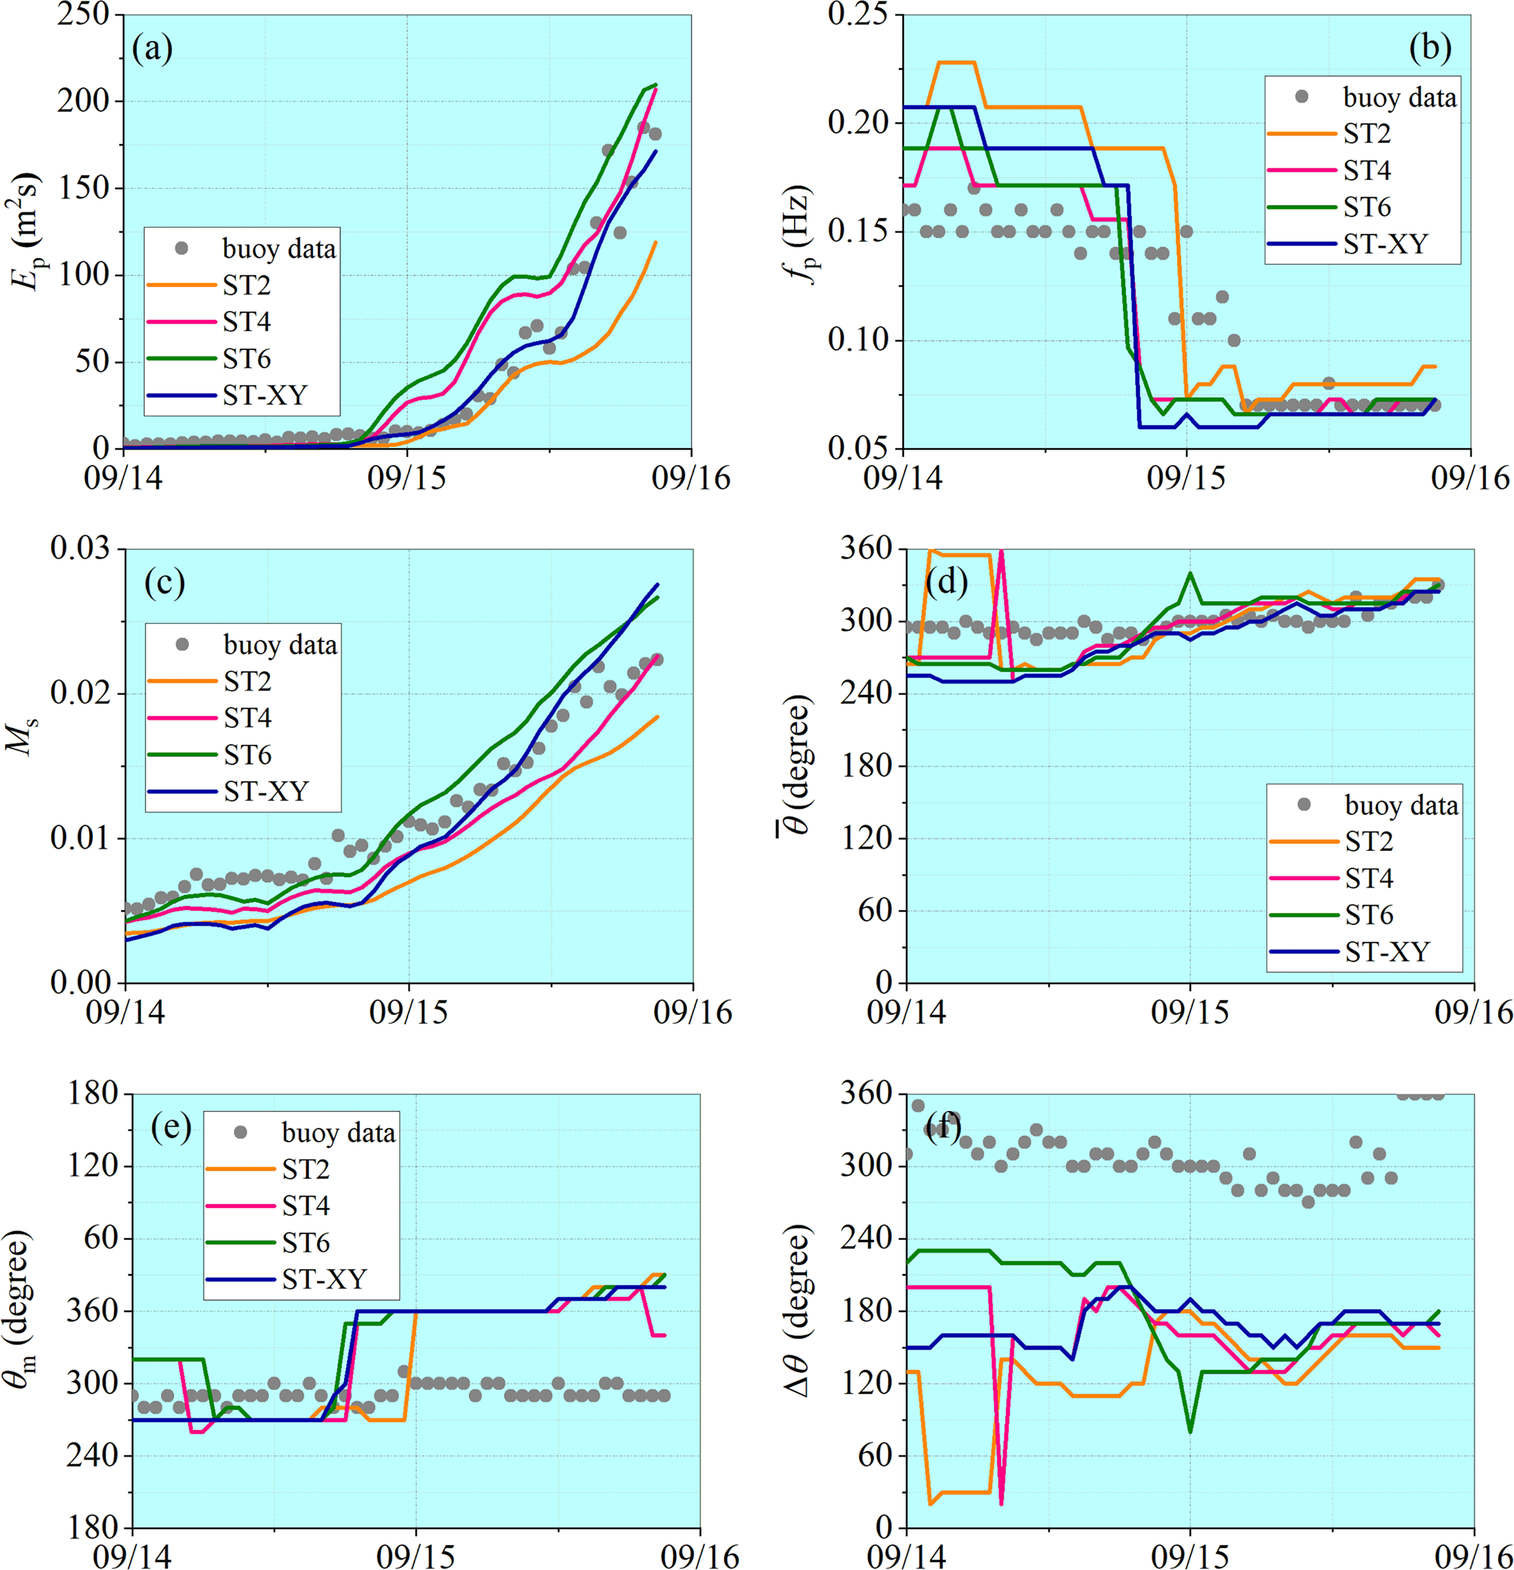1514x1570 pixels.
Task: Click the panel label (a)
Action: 152,50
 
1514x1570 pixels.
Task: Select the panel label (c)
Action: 164,582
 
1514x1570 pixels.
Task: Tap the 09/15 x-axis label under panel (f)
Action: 1190,1555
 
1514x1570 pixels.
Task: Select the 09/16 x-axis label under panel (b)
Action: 1471,478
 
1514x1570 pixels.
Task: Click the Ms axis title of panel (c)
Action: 23,737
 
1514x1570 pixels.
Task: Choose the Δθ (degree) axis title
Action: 801,1314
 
